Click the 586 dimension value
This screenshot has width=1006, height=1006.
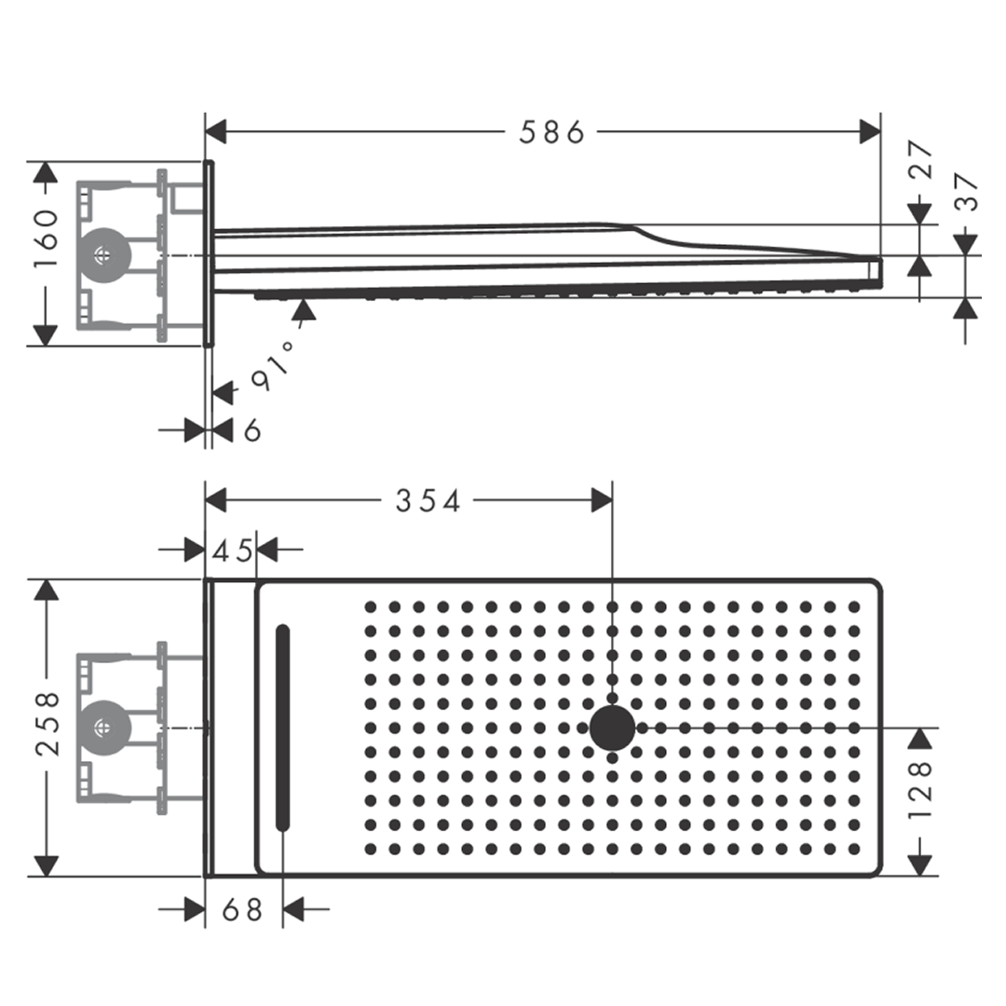point(551,132)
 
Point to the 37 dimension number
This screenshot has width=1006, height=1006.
point(967,192)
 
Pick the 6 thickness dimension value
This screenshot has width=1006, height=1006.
point(251,430)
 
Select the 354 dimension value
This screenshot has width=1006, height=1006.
point(428,501)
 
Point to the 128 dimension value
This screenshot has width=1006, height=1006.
point(920,790)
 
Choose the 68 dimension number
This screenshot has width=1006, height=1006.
point(243,910)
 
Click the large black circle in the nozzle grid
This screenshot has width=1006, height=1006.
point(612,727)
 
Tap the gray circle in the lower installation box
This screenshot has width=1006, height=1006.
point(101,727)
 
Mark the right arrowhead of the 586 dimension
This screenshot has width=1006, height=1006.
point(871,132)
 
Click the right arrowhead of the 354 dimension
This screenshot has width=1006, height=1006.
point(602,501)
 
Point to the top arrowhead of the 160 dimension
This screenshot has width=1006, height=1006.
point(46,172)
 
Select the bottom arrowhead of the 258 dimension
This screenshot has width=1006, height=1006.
point(46,865)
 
